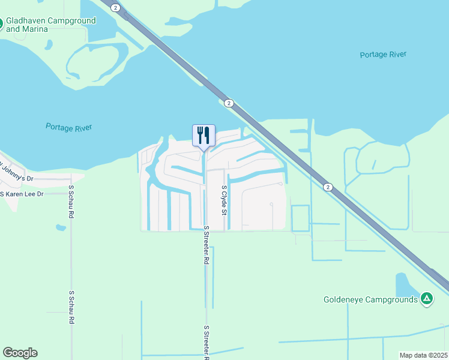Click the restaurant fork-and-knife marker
pos(203,135)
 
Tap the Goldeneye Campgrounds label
pos(370,299)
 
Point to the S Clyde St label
pos(224,200)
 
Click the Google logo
pos(20,353)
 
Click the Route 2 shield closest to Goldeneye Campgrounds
pos(327,187)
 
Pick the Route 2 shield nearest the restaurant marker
pos(229,103)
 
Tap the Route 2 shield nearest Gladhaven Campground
pos(116,8)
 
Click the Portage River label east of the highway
pos(383,55)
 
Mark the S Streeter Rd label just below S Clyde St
pos(206,245)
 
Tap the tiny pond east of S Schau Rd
pos(60,227)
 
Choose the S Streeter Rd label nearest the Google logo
pos(206,342)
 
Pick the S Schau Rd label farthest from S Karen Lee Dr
pos(71,307)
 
